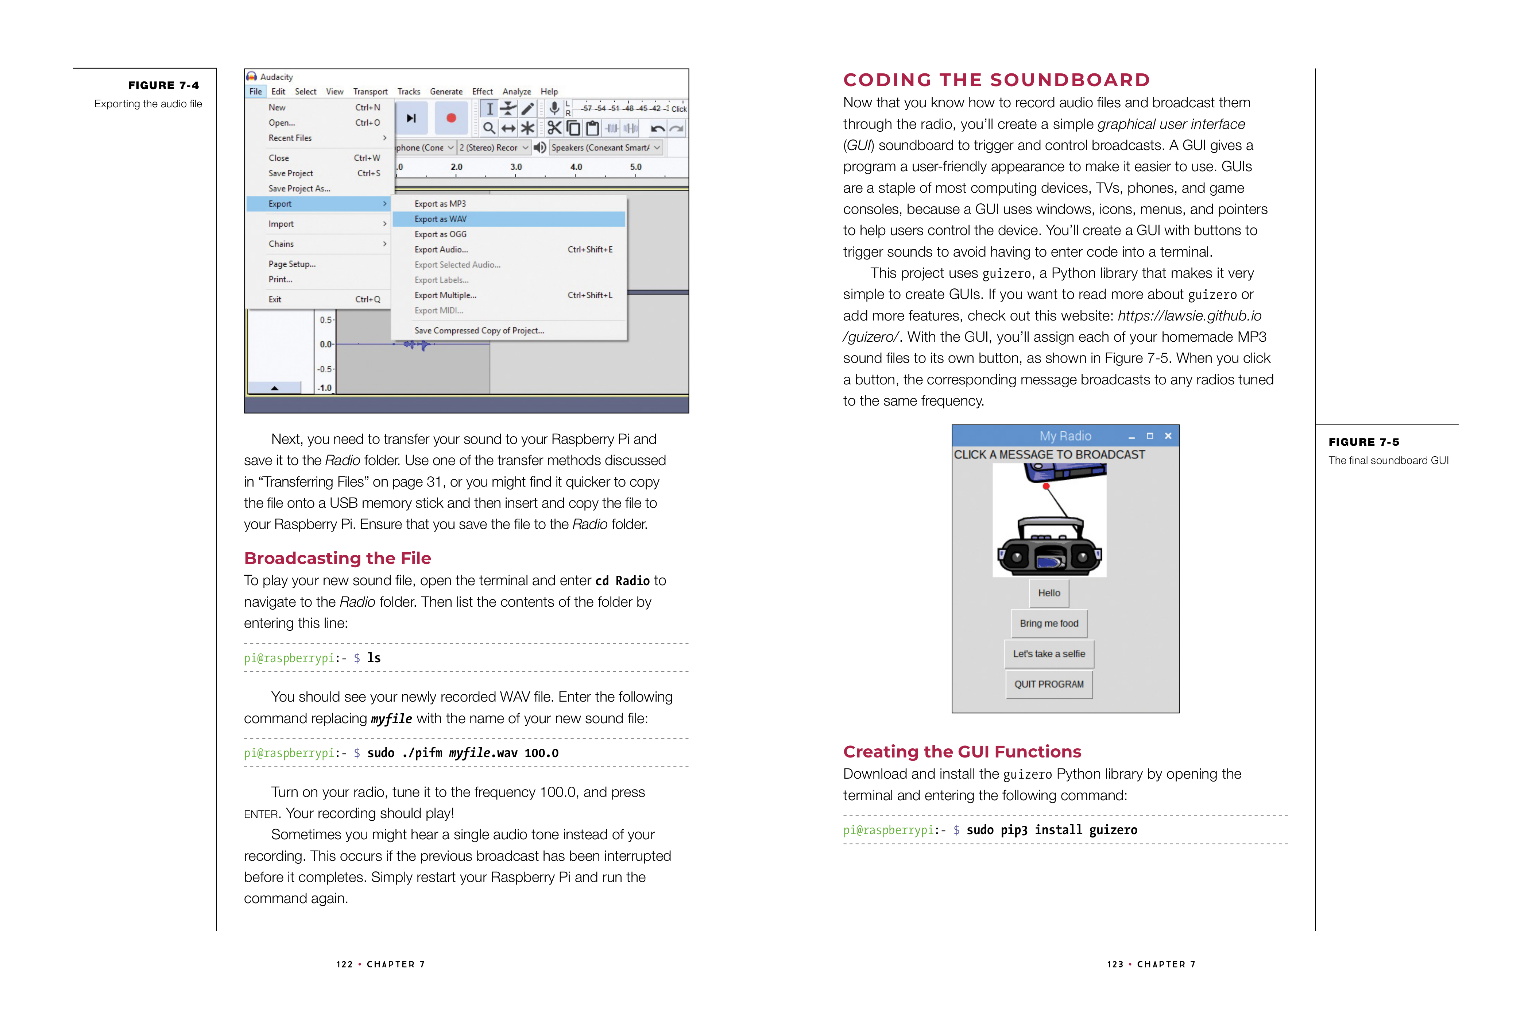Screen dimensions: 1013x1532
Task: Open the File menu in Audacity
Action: [256, 92]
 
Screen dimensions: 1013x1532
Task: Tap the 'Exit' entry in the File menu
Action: [275, 299]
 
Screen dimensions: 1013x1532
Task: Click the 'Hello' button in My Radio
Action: [1048, 593]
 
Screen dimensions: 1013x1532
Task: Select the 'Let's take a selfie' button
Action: [1048, 654]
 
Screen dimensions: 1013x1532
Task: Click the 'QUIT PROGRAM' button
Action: [1048, 684]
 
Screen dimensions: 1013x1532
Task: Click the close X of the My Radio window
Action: [1167, 436]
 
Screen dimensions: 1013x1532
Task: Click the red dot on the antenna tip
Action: [1046, 487]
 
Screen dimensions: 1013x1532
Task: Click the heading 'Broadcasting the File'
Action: [337, 558]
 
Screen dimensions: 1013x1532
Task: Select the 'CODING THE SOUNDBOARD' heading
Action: [996, 80]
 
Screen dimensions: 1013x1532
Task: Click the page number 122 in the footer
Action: [344, 964]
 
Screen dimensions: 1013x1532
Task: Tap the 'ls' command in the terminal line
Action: [374, 658]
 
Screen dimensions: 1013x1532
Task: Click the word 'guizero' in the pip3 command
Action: [1113, 830]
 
